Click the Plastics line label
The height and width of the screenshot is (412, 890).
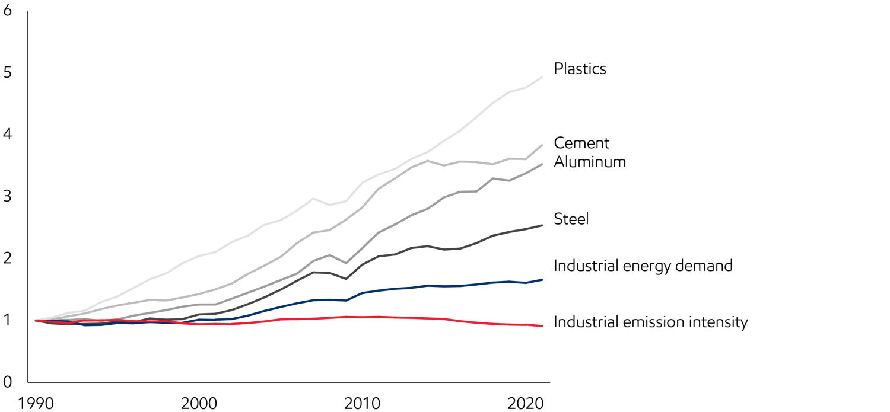coord(580,69)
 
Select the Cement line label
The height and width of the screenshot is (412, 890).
coord(581,143)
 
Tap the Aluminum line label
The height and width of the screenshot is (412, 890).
coord(590,162)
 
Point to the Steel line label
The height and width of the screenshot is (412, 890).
coord(571,219)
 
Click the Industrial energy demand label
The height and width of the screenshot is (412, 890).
coord(643,266)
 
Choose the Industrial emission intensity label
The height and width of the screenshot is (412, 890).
coord(650,322)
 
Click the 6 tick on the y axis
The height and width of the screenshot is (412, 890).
coord(7,11)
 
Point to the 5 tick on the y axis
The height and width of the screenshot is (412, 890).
coord(7,73)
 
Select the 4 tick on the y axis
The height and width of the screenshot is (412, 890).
coord(7,135)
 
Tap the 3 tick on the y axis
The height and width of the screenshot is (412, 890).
coord(7,196)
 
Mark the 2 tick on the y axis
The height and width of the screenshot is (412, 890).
coord(7,258)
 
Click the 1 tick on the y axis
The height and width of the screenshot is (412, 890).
coord(7,320)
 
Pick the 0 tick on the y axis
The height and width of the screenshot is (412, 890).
coord(7,381)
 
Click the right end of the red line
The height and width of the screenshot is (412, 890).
coord(542,326)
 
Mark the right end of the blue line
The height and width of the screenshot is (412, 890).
coord(542,279)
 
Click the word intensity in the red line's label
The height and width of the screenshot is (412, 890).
coord(717,322)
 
